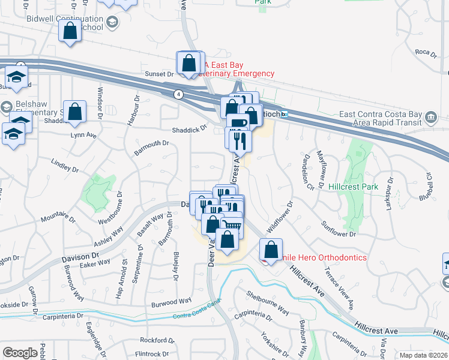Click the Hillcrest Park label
click(354, 187)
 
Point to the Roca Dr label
click(426, 53)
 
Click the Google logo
click(20, 353)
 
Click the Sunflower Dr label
click(339, 229)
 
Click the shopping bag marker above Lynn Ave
click(75, 112)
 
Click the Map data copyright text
click(423, 355)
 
